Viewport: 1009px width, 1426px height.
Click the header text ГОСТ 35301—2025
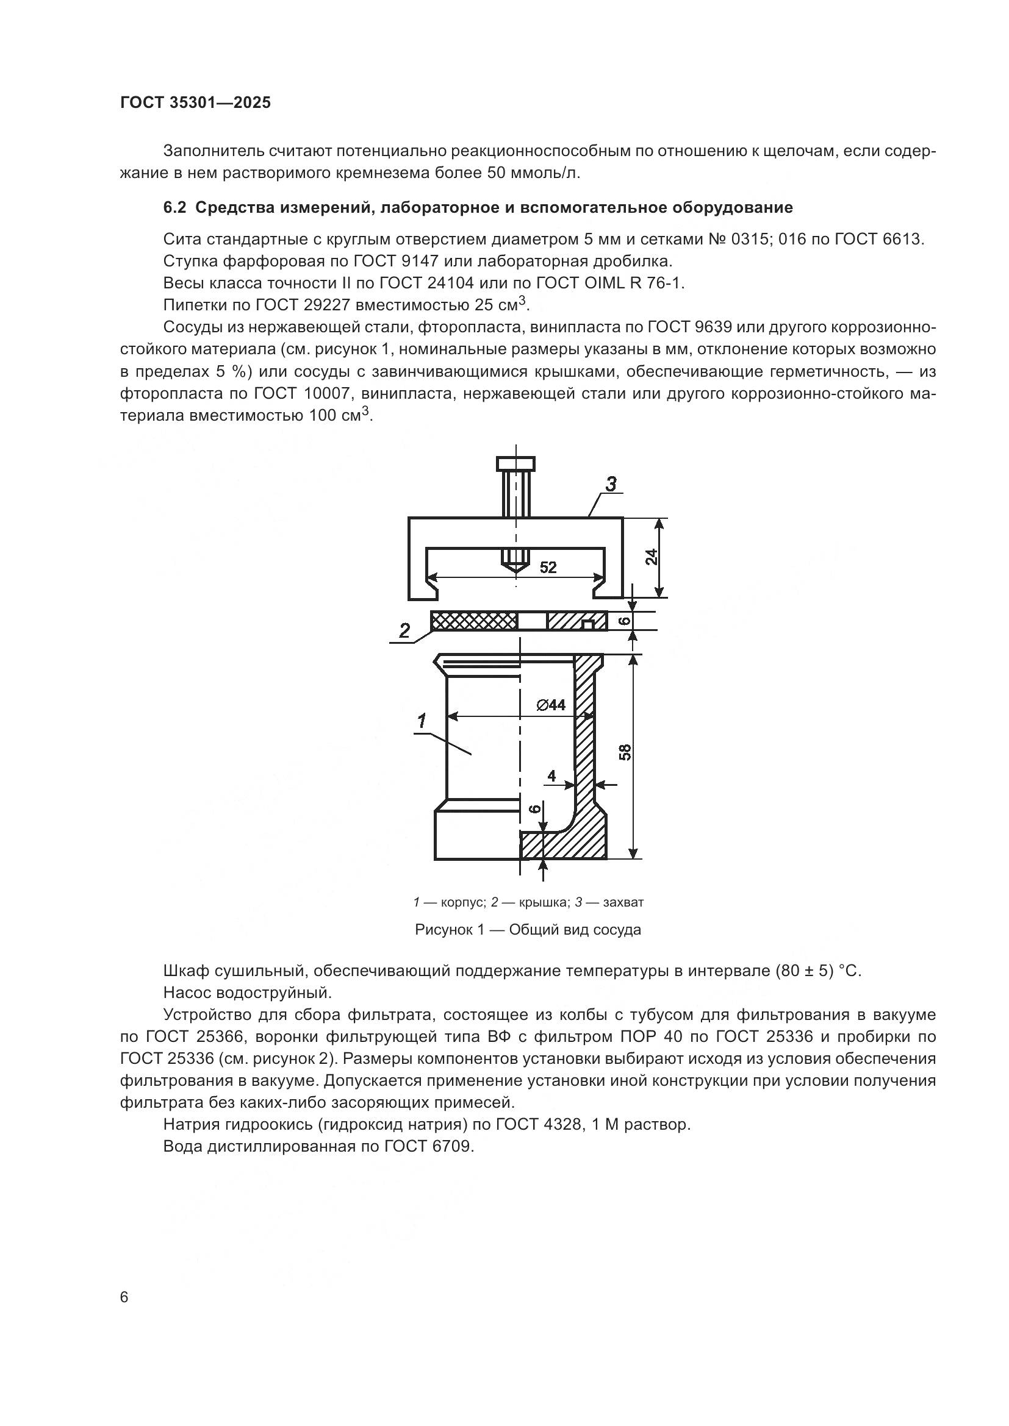195,102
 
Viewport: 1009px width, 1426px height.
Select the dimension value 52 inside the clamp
547,567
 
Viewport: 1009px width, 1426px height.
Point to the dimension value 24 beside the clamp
650,557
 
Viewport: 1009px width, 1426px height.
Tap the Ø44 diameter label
550,705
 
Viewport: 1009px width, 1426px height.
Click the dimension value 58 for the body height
626,752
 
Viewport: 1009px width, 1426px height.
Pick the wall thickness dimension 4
551,775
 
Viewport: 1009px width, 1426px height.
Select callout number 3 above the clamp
611,485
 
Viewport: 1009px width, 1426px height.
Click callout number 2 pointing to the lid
404,631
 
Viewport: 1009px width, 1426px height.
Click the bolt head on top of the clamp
515,464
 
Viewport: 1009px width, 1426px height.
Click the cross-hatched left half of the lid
473,621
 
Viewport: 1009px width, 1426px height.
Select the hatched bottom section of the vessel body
562,845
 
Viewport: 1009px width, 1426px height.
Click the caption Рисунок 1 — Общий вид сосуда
528,930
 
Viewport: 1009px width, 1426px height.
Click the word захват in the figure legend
623,902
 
